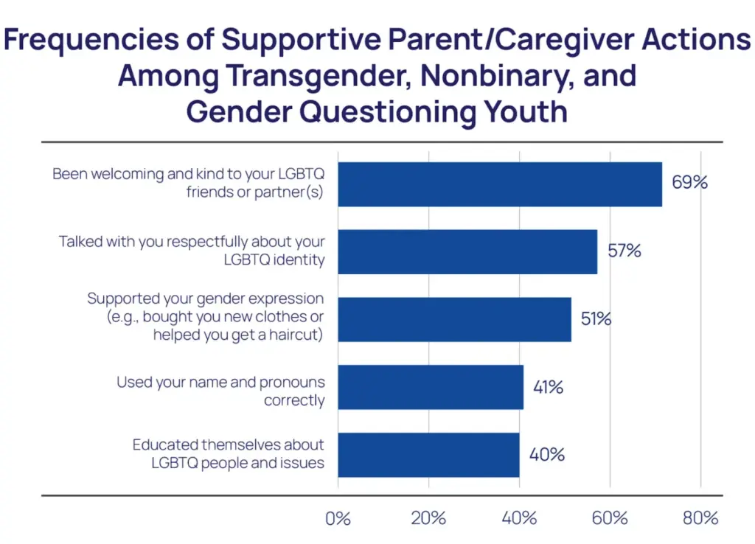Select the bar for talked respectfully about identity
[467, 251]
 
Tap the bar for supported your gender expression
[454, 319]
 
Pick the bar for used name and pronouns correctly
[431, 387]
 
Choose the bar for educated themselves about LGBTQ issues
[428, 455]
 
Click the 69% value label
[689, 182]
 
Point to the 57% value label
[623, 251]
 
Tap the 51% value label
[596, 319]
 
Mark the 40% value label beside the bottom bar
[547, 455]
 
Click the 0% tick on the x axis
[338, 518]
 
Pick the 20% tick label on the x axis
[428, 518]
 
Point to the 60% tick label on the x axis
[609, 518]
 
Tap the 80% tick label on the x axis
[700, 518]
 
